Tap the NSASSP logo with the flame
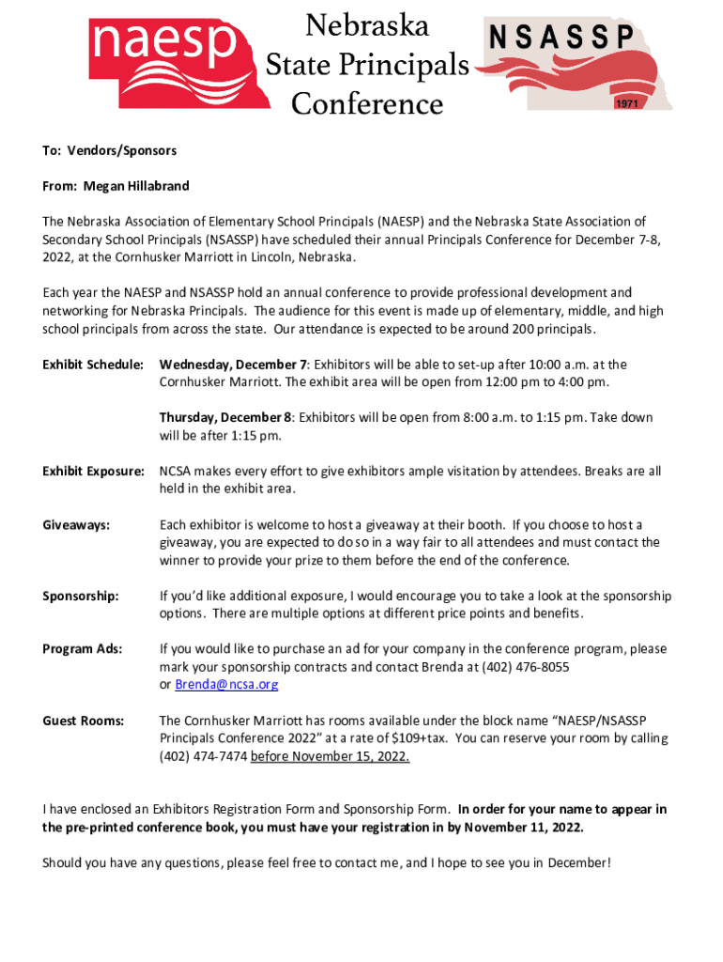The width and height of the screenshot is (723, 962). click(575, 64)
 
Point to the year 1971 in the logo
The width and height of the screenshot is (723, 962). click(627, 103)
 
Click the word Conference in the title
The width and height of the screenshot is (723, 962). click(367, 102)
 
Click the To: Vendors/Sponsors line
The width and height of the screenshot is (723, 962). click(109, 150)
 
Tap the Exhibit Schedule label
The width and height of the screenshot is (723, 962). click(93, 365)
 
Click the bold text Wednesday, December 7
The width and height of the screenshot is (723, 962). click(234, 365)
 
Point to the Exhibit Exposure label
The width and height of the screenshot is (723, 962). click(93, 471)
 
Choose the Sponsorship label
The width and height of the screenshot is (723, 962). click(81, 597)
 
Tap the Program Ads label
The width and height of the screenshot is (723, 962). click(83, 649)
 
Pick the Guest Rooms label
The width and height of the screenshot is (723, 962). click(84, 721)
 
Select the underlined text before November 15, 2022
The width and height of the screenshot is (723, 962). click(331, 756)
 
